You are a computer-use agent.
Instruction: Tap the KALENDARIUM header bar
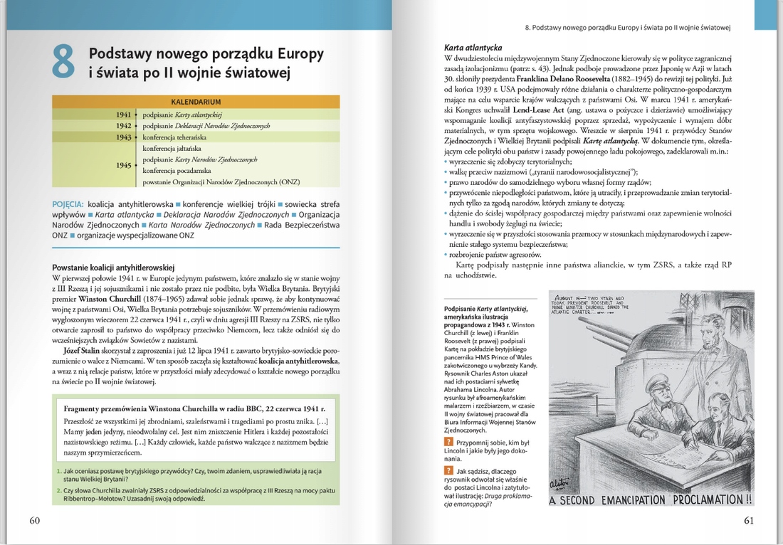(196, 102)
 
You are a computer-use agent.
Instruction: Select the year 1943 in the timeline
(124, 137)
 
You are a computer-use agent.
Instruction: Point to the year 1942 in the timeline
(124, 125)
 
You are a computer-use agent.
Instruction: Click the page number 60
(35, 520)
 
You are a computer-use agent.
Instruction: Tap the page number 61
(748, 520)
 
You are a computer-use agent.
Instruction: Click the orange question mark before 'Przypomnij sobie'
(447, 443)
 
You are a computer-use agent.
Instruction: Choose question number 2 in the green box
(58, 490)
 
